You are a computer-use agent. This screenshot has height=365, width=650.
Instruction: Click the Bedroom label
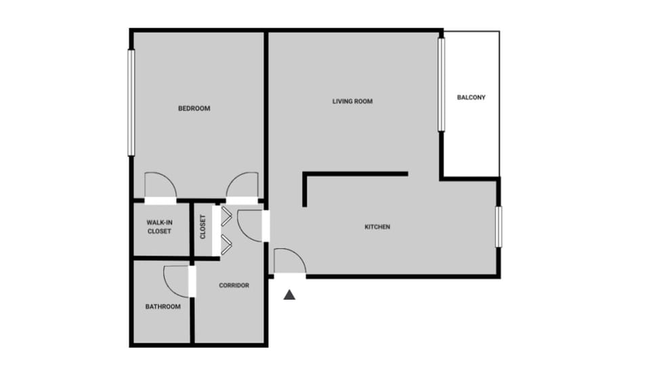tap(194, 109)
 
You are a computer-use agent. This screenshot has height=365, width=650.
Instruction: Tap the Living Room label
tap(352, 102)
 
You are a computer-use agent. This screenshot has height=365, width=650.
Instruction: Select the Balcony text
tap(471, 97)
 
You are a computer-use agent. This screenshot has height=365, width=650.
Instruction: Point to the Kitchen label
tap(377, 227)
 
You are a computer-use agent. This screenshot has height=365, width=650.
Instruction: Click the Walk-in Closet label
tap(159, 227)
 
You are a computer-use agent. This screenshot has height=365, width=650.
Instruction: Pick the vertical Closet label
tap(202, 227)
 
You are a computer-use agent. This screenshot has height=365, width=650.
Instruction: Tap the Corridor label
tap(234, 286)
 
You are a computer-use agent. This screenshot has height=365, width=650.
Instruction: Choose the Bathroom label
tap(162, 307)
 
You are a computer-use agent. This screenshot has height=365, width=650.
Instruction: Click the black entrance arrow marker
tap(290, 295)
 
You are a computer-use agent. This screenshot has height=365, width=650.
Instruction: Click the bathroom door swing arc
tap(177, 281)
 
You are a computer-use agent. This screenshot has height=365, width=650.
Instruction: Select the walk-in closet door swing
tap(160, 186)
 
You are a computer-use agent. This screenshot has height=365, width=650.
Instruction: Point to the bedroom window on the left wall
tap(131, 102)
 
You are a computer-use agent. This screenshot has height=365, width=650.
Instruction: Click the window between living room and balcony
tap(441, 84)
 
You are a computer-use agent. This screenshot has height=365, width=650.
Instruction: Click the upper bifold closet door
tap(225, 216)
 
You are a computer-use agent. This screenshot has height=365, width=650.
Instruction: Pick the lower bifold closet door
tap(225, 243)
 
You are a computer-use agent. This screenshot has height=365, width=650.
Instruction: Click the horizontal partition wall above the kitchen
tap(356, 174)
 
